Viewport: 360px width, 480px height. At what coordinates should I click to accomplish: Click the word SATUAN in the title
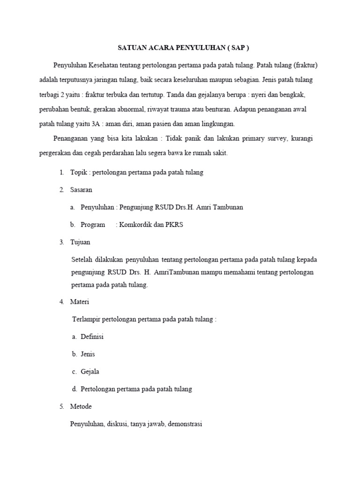pos(130,48)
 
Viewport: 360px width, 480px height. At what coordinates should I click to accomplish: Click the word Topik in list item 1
pos(79,172)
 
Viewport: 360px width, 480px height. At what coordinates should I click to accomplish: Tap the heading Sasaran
pos(81,190)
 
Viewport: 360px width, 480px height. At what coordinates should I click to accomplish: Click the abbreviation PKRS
pos(174,225)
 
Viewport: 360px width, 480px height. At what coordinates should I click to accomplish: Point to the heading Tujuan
pos(80,242)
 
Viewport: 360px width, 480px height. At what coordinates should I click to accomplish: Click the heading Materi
pos(80,302)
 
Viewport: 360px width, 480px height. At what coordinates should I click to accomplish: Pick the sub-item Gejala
pos(90,372)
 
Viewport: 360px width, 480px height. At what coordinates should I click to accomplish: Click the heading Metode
pos(81,406)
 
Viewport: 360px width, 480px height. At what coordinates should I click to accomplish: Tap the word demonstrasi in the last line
pos(184,424)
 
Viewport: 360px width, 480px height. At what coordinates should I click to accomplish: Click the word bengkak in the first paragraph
pos(298,94)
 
